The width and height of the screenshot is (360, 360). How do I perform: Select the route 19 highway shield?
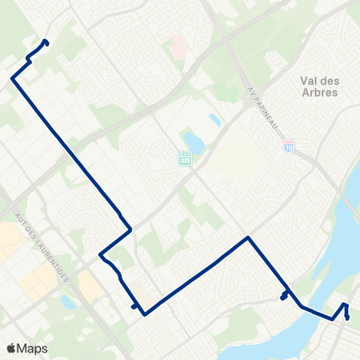coord(289,147)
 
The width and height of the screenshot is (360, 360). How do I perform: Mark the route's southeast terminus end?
coord(348,318)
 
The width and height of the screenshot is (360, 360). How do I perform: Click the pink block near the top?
coord(178,49)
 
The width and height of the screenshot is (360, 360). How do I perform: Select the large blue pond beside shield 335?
coord(193,140)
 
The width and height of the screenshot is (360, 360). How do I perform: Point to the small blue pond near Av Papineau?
coord(215,119)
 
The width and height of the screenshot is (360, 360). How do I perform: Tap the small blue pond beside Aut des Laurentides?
coord(67,302)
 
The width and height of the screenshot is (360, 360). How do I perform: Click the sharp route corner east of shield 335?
coord(248,238)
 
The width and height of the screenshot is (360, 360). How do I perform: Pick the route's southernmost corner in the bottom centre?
coord(145,313)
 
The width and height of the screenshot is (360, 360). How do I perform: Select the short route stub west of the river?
coord(284,295)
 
